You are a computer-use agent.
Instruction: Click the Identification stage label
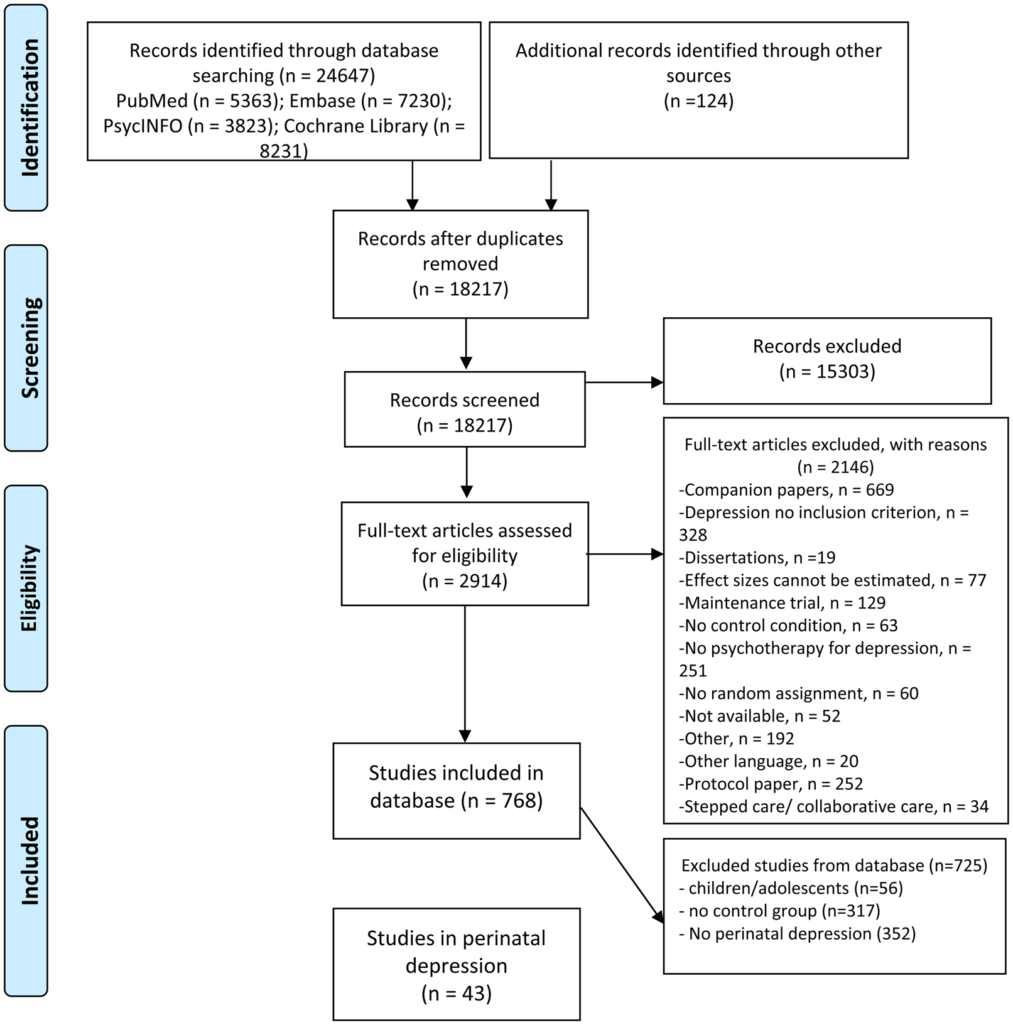click(x=26, y=107)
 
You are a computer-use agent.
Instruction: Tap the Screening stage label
click(x=26, y=348)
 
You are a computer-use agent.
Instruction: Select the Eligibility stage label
click(x=26, y=588)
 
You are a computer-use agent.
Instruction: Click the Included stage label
click(x=26, y=860)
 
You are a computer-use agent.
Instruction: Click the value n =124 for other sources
click(x=698, y=101)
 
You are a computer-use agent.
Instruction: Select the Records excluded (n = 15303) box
click(x=826, y=361)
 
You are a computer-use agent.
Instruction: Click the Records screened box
click(x=464, y=409)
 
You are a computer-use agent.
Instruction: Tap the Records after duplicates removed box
click(x=460, y=264)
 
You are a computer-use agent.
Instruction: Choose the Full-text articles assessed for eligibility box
click(x=464, y=554)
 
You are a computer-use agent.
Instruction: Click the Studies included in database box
click(x=456, y=790)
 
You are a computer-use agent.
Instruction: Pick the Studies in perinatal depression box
click(x=456, y=963)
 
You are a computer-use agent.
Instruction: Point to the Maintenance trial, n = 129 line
click(x=783, y=603)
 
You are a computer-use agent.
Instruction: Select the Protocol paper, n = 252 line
click(x=771, y=784)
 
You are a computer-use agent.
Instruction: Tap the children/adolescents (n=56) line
click(x=791, y=888)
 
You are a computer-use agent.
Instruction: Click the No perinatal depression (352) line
click(x=798, y=933)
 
